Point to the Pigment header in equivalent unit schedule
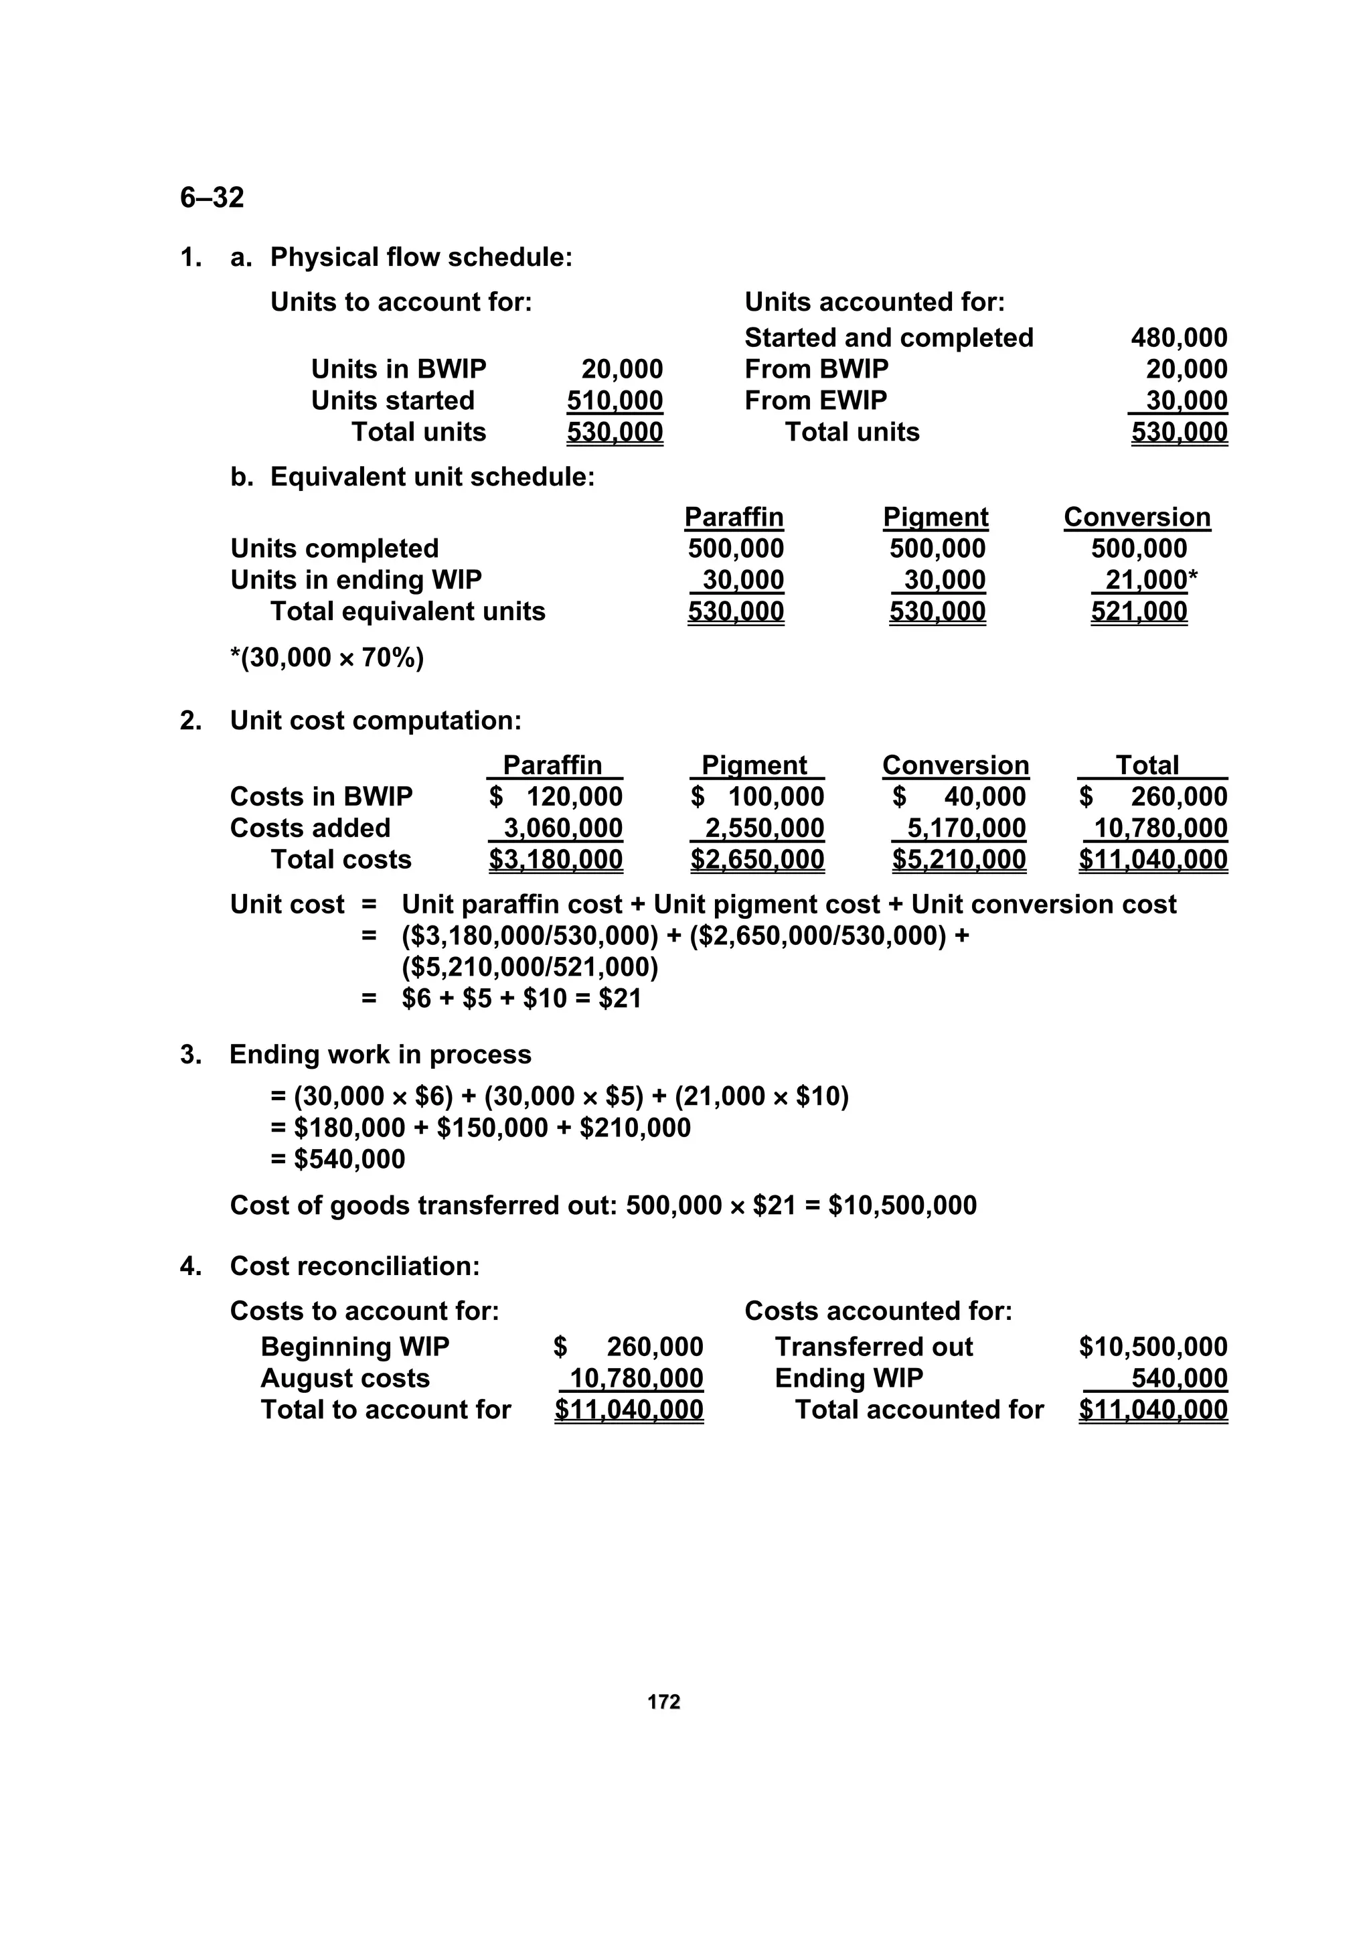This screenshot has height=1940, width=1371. click(935, 517)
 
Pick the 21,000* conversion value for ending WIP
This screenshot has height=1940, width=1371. click(1149, 581)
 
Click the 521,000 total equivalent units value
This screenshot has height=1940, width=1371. click(1139, 612)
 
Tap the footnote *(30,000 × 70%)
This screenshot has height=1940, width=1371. click(327, 658)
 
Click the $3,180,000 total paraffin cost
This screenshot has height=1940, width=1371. click(555, 860)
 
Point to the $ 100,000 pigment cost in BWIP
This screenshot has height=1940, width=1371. click(757, 797)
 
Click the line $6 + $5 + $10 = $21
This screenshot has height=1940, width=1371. click(521, 998)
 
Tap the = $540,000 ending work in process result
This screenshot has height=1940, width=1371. click(338, 1159)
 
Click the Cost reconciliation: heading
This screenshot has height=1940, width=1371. click(355, 1266)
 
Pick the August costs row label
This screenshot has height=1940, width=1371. click(345, 1379)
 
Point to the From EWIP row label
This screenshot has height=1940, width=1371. click(815, 400)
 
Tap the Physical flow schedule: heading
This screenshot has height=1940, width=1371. click(420, 258)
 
